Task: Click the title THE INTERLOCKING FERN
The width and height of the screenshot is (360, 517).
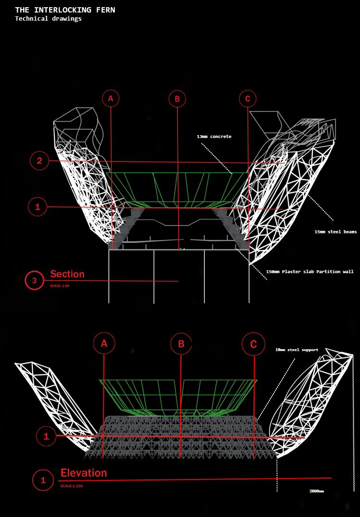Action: pos(65,10)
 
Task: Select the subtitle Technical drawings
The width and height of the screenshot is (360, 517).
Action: pos(48,19)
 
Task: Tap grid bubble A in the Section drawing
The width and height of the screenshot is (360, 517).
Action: pos(111,99)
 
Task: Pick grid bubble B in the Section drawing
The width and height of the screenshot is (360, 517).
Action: pos(177,99)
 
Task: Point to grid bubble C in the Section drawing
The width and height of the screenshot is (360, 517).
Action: pos(248,99)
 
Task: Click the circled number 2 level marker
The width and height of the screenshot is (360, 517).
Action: pos(39,161)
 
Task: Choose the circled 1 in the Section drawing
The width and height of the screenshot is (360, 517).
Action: pos(38,207)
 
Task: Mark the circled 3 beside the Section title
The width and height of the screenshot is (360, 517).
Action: pos(34,280)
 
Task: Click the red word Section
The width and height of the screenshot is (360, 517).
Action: pos(67,274)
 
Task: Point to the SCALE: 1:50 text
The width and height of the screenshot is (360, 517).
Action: pos(60,286)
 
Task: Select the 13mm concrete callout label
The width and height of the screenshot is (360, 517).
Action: pos(214,137)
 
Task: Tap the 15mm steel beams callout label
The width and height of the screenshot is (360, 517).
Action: pos(335,232)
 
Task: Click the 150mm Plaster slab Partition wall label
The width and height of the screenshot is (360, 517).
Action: pos(309,272)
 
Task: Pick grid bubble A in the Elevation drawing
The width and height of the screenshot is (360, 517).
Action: pos(104,344)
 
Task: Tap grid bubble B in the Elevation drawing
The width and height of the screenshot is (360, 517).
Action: pos(181,344)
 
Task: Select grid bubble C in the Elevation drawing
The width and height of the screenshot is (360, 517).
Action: pos(254,344)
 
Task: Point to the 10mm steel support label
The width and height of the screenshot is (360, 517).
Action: pos(296,350)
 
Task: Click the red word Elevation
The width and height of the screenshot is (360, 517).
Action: pos(84,473)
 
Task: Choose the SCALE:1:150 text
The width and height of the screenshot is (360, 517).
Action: pos(72,486)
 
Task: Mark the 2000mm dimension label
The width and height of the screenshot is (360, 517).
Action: pos(316,492)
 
